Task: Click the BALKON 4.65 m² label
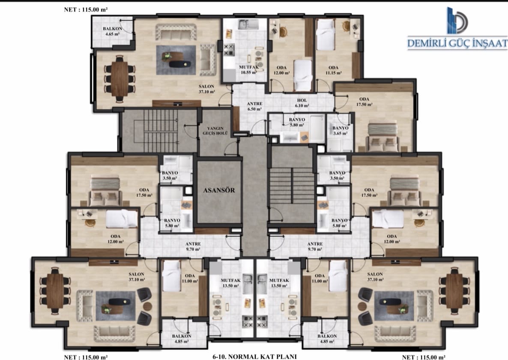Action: (x=112, y=31)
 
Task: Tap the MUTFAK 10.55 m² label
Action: (x=248, y=70)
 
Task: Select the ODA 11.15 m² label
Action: (x=333, y=70)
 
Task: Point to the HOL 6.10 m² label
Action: (x=302, y=103)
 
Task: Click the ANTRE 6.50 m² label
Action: (x=255, y=106)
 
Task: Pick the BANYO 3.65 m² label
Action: (x=340, y=131)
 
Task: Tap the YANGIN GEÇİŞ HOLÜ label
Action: (x=215, y=131)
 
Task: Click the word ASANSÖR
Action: (x=219, y=190)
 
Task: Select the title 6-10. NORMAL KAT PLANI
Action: (x=254, y=357)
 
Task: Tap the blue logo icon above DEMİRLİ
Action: (x=457, y=21)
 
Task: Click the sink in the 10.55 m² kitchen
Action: (x=248, y=24)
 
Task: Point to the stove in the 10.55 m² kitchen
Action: (x=229, y=50)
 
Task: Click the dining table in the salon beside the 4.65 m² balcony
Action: (x=120, y=78)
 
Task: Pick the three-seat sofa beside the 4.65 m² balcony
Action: (x=176, y=32)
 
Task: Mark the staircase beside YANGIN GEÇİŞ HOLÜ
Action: (x=159, y=131)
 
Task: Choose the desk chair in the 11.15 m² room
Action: (x=347, y=26)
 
